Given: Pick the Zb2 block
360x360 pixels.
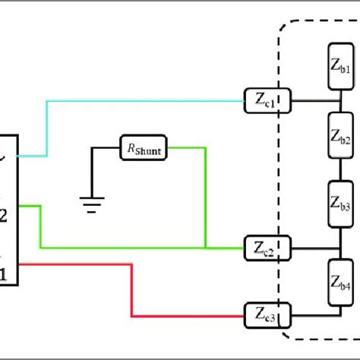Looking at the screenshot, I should [338, 137].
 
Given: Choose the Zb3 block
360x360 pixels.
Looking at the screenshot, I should [338, 204].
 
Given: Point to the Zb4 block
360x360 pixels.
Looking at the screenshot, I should [338, 280].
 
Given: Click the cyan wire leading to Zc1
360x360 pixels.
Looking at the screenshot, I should [144, 99].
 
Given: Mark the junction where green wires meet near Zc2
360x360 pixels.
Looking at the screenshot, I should [206, 248].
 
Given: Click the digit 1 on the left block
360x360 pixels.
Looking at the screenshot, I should [4, 273].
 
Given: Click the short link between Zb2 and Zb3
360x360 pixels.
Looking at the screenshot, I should [338, 171].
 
